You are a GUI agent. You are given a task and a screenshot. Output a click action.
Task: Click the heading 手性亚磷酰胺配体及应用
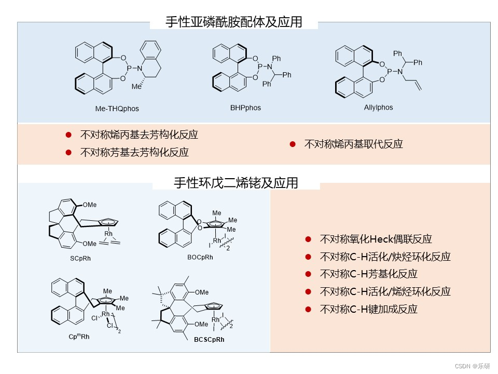[x=233, y=22]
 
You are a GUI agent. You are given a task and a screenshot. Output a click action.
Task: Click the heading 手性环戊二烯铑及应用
[x=236, y=183]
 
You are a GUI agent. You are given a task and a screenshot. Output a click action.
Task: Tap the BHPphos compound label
[x=245, y=108]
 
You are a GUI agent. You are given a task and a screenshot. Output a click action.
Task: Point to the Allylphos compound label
[x=378, y=108]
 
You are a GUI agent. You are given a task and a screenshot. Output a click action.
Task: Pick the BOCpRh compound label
[x=200, y=257]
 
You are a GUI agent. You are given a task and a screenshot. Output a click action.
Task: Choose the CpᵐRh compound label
[x=79, y=337]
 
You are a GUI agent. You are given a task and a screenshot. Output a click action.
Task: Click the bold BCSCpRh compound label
[x=210, y=340]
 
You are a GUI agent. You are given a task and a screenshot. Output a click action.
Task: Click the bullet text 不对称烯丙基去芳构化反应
[x=139, y=135]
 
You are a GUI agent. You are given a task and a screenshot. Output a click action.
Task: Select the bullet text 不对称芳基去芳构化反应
[x=134, y=153]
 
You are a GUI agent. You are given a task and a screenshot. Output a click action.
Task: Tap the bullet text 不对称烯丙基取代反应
[x=353, y=144]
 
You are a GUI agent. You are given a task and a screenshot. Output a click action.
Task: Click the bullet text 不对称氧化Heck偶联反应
[x=376, y=239]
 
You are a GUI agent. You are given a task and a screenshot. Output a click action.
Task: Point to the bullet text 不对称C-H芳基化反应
[x=368, y=274]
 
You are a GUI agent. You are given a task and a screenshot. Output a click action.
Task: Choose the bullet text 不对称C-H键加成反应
[x=368, y=310]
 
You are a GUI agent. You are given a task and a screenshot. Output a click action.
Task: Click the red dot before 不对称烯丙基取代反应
[x=293, y=144]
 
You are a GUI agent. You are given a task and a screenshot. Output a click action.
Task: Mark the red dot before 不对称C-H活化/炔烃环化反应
[x=308, y=257]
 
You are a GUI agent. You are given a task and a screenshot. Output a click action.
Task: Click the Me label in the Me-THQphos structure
[x=136, y=87]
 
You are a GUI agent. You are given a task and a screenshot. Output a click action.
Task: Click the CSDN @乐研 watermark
[x=472, y=366]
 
